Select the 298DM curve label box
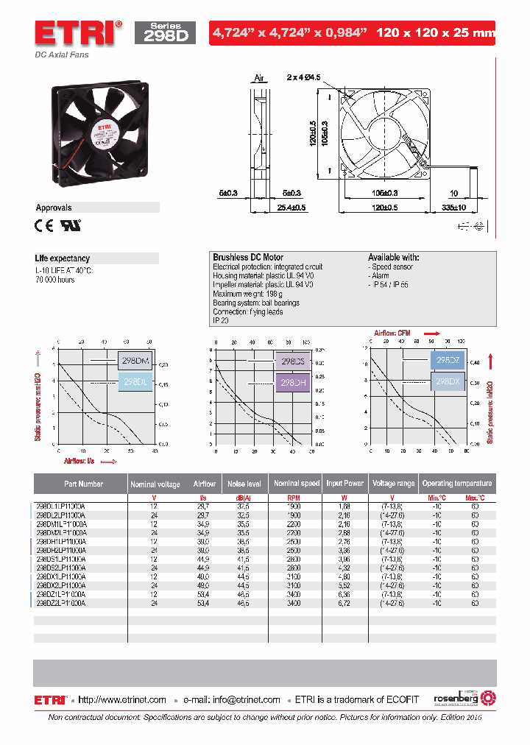135,361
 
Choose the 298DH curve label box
293,383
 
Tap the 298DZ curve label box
448,361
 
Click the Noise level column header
245,484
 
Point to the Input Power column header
344,484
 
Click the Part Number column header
83,484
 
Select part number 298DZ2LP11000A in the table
62,603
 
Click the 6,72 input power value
344,603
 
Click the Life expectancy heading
63,258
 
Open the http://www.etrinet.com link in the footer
122,699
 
